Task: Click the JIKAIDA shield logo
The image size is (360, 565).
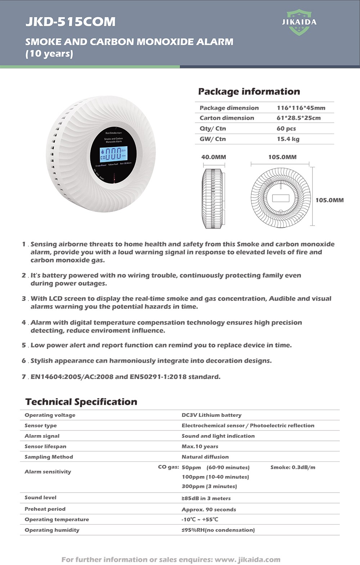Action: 299,22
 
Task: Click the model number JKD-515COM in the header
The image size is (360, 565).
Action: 71,22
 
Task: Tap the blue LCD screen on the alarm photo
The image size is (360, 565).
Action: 113,153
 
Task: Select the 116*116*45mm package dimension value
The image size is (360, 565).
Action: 301,108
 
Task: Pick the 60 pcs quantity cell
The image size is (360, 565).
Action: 286,128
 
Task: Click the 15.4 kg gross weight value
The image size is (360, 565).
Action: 288,139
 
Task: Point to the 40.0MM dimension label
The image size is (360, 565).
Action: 213,157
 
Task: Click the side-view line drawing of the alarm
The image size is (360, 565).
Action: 214,198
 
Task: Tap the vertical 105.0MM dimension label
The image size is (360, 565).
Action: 329,200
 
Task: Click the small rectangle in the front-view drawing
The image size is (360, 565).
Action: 281,198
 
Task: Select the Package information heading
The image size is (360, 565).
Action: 249,91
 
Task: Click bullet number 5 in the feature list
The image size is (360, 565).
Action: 24,345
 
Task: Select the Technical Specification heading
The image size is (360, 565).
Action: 81,402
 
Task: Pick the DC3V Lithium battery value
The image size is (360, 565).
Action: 211,415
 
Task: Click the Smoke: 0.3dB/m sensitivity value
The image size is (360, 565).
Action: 293,467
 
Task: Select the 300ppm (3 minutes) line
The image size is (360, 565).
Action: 209,486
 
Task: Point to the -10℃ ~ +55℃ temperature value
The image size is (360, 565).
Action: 200,519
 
